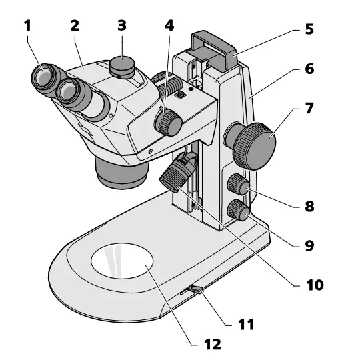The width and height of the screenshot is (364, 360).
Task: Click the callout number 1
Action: pyautogui.click(x=27, y=27)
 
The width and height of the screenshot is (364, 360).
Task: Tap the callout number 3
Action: pyautogui.click(x=121, y=26)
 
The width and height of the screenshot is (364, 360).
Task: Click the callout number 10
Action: pyautogui.click(x=314, y=285)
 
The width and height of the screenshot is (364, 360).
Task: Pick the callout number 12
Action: pyautogui.click(x=213, y=343)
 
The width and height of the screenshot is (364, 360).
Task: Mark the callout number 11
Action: pyautogui.click(x=246, y=325)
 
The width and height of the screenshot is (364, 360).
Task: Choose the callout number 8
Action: pyautogui.click(x=309, y=206)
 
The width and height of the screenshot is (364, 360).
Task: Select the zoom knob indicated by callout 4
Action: pyautogui.click(x=167, y=123)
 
